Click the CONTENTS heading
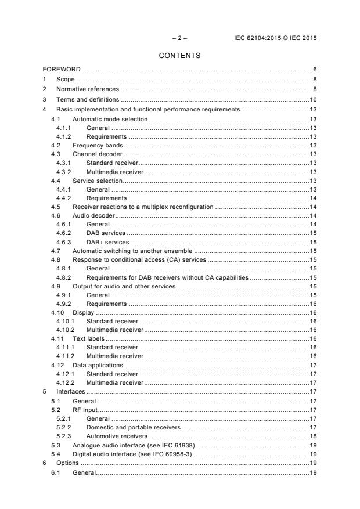click(x=179, y=56)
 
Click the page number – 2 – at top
click(x=179, y=38)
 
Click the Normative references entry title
click(x=87, y=89)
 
